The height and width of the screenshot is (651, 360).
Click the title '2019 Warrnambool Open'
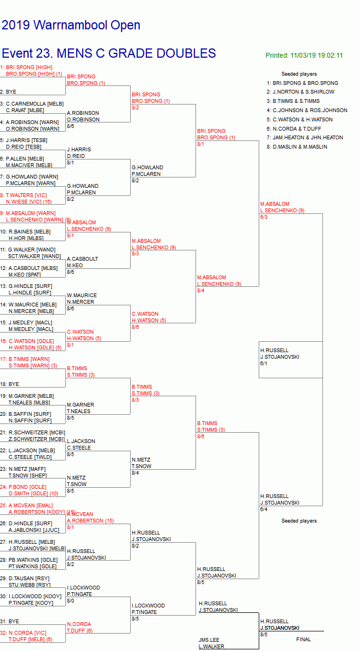(x=71, y=25)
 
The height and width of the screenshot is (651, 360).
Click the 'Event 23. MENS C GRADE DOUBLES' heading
(x=109, y=53)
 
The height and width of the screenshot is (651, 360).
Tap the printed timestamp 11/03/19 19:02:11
(x=304, y=56)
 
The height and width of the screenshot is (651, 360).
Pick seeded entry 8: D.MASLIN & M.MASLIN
(x=297, y=147)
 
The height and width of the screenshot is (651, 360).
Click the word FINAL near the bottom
(x=303, y=639)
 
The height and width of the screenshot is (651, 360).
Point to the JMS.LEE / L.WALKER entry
(x=211, y=643)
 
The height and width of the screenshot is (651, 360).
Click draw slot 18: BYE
(x=11, y=384)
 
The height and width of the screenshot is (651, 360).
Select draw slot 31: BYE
(x=11, y=621)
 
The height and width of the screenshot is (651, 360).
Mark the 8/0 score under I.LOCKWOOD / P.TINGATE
(x=70, y=601)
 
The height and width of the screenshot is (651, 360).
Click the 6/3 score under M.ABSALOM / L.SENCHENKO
(x=264, y=217)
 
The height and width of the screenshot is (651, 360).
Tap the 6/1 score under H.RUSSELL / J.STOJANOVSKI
(x=264, y=363)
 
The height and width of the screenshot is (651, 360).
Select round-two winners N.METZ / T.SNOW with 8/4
(x=142, y=463)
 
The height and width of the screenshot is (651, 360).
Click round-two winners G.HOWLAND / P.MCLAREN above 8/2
(x=147, y=171)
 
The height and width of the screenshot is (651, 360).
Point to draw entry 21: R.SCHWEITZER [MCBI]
(x=32, y=432)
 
